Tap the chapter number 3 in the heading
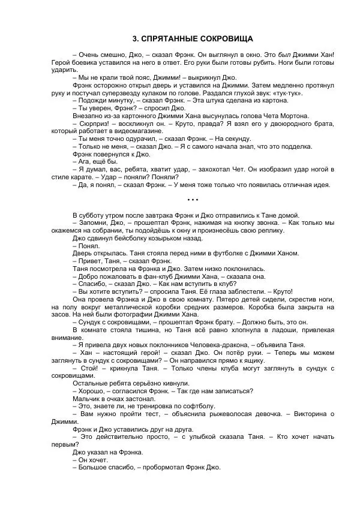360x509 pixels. point(134,39)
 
